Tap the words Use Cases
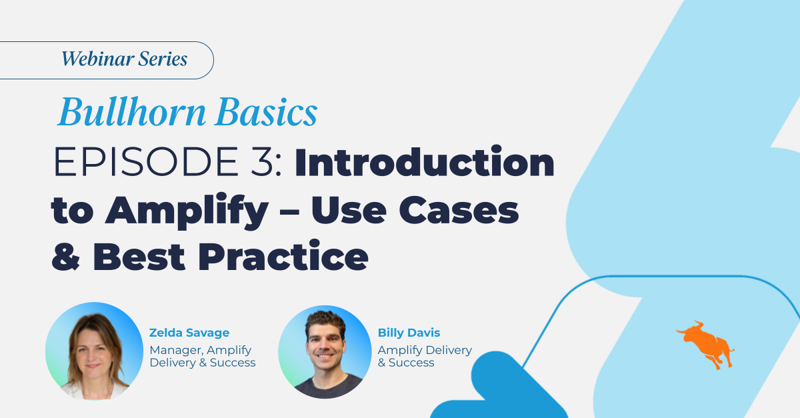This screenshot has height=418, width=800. pos(415,211)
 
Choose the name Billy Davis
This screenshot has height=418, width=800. pos(409,333)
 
